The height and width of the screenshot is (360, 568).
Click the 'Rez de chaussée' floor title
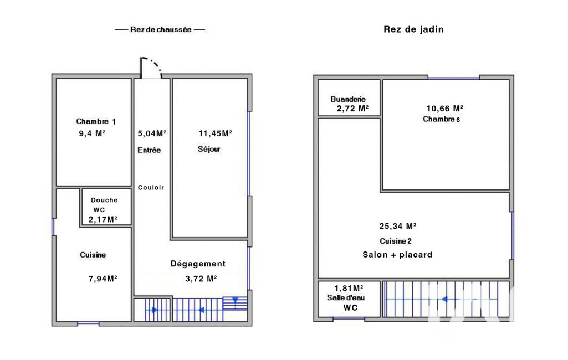pyautogui.click(x=161, y=30)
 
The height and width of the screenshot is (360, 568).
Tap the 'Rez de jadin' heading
pyautogui.click(x=414, y=29)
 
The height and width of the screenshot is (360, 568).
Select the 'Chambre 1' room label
pyautogui.click(x=96, y=121)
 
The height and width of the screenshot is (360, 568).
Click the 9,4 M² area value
pyautogui.click(x=92, y=133)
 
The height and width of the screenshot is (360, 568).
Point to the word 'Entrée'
pyautogui.click(x=149, y=150)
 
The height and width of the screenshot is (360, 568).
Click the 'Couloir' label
pyautogui.click(x=151, y=188)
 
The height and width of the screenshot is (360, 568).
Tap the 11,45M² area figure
pyautogui.click(x=215, y=133)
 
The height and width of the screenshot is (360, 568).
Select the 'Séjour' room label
pyautogui.click(x=209, y=149)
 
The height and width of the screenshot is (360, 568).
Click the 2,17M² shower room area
pyautogui.click(x=103, y=219)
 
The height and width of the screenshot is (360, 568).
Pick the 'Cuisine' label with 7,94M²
pyautogui.click(x=93, y=255)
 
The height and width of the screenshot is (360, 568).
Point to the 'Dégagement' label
pyautogui.click(x=198, y=264)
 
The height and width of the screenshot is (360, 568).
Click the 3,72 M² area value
pyautogui.click(x=201, y=279)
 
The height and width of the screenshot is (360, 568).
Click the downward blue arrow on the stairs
pyautogui.click(x=235, y=300)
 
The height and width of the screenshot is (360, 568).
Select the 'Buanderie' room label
pyautogui.click(x=348, y=99)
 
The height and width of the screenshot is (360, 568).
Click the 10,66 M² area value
pyautogui.click(x=445, y=109)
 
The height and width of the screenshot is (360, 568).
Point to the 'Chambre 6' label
pyautogui.click(x=441, y=119)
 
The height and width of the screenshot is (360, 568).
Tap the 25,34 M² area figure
pyautogui.click(x=398, y=226)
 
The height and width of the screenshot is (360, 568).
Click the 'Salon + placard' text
pyautogui.click(x=397, y=255)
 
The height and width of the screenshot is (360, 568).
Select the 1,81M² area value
pyautogui.click(x=349, y=289)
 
